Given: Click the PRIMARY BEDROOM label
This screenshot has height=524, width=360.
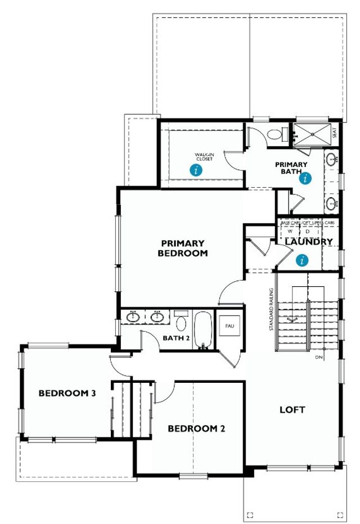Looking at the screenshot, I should tap(183, 249).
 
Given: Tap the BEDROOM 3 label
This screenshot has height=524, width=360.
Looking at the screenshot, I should tap(67, 393).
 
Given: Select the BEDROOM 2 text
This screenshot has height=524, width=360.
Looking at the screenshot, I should tap(196, 428).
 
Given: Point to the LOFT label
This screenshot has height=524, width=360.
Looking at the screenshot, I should tap(292, 410).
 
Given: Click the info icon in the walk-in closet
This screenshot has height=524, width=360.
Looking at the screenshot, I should tap(195, 170).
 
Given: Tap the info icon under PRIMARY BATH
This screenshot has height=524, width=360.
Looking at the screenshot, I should tap(305, 179).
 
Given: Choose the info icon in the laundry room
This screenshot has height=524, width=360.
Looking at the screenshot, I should tap(303, 260).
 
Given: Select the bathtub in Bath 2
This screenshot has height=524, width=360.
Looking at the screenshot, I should tap(202, 331).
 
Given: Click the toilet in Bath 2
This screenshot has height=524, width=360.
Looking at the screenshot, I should tap(181, 322).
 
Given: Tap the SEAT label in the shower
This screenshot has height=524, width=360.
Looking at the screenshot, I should tap(335, 133).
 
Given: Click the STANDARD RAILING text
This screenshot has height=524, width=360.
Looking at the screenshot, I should tap(271, 309).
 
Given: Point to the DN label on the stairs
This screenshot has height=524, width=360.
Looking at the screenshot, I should tap(319, 358).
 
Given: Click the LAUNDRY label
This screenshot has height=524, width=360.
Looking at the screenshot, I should tap(308, 242).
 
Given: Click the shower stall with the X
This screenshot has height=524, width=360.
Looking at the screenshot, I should tap(310, 133).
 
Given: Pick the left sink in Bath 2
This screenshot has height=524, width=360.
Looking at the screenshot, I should tap(133, 318).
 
